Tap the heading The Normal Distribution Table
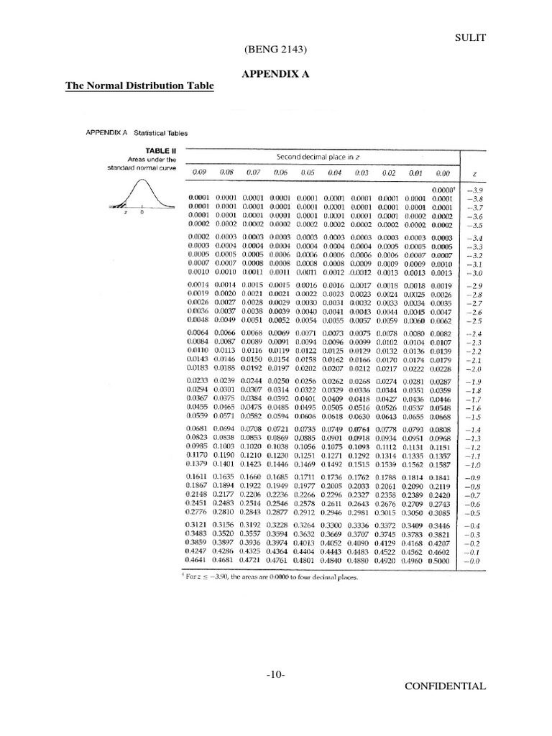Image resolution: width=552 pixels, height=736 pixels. pyautogui.click(x=140, y=86)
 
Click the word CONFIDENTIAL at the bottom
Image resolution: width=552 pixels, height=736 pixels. pyautogui.click(x=445, y=686)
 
